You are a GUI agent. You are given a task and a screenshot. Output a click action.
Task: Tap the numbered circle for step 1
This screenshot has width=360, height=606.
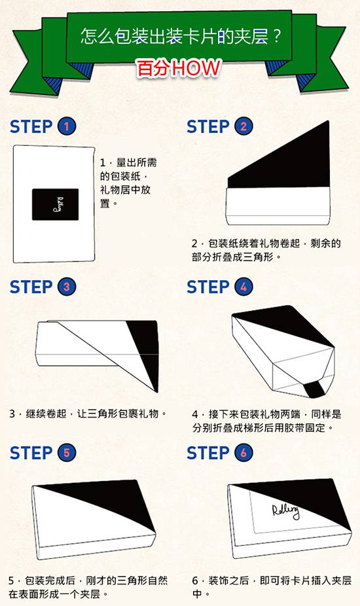click(x=67, y=126)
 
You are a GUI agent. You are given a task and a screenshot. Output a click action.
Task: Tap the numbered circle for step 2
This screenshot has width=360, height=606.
click(x=243, y=126)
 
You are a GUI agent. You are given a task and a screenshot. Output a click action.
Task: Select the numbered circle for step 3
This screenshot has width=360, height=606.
click(x=67, y=287)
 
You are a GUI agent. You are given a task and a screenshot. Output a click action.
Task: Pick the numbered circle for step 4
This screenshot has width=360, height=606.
click(x=243, y=287)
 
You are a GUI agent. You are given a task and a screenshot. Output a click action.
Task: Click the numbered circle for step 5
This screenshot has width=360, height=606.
click(x=67, y=453)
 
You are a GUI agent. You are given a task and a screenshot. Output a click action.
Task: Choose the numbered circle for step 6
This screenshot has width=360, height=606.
click(x=243, y=453)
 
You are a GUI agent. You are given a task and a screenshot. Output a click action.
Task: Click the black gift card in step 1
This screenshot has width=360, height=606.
click(x=55, y=204)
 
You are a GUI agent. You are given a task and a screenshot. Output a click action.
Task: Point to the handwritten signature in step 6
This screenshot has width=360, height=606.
click(x=286, y=511)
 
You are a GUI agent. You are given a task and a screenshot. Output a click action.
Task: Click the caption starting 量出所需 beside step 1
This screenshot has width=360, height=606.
click(x=128, y=183)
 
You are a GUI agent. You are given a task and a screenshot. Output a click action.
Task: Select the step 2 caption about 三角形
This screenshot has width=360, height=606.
click(x=266, y=250)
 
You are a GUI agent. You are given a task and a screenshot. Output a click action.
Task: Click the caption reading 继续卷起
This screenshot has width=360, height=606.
click(x=88, y=414)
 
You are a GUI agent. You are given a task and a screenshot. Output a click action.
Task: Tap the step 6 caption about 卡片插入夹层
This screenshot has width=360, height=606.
click(x=272, y=586)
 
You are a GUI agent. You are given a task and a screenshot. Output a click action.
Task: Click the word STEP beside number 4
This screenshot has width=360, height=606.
click(x=208, y=287)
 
